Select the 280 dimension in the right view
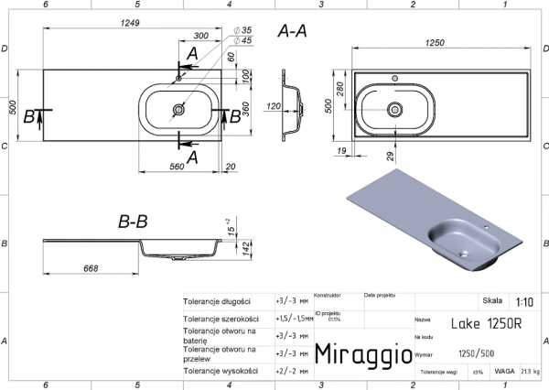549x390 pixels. coord(340,88)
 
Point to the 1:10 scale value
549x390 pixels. coord(525,301)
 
